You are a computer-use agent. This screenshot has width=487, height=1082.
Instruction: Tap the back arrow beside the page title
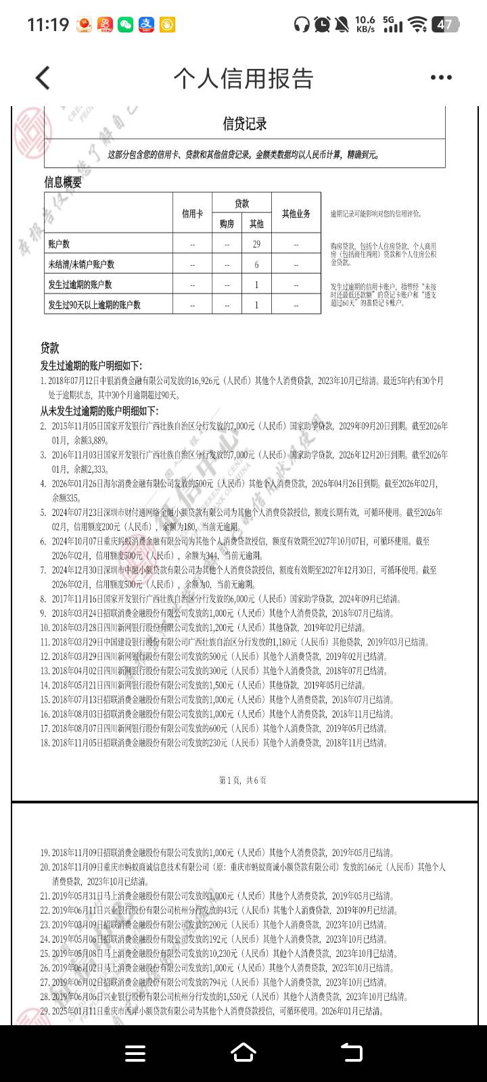[43, 78]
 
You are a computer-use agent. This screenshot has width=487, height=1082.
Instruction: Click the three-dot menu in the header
[441, 78]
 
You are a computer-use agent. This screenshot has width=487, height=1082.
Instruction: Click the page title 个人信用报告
[243, 78]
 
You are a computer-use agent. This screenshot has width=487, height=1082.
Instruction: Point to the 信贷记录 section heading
[245, 124]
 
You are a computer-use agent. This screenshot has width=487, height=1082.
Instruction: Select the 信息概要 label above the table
[63, 182]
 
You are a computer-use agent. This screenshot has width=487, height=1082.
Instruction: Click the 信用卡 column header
[192, 213]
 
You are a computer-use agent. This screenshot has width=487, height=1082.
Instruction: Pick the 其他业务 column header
[296, 213]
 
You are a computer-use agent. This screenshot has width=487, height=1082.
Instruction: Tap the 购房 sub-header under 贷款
[227, 224]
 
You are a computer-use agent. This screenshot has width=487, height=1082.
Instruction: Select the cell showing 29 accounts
[256, 244]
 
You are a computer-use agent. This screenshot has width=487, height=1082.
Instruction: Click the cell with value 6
[256, 264]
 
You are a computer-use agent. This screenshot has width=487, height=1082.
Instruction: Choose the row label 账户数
[59, 244]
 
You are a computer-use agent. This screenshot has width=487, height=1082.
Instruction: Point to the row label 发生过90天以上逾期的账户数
[94, 305]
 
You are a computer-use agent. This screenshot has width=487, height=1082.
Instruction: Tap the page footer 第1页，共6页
[243, 780]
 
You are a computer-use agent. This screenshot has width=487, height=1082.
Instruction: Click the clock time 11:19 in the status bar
[48, 25]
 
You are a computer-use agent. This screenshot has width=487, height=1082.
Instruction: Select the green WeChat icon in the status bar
[125, 25]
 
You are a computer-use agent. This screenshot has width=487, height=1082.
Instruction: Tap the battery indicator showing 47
[444, 25]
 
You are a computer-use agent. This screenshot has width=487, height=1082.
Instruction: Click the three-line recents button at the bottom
[135, 1053]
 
